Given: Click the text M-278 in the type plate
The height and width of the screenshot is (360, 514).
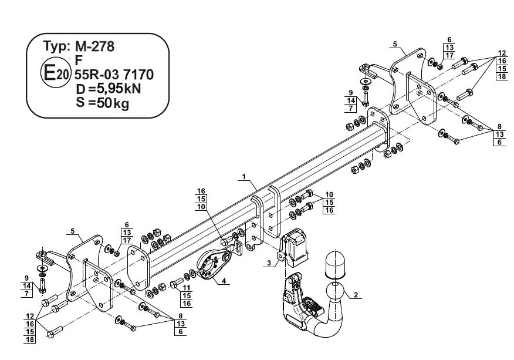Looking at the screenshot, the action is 94,46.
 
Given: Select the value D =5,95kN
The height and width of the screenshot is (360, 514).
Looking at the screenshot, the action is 108,89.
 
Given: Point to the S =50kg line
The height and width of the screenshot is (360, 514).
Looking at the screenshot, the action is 102,103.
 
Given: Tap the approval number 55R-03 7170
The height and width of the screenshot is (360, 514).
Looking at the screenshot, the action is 114,75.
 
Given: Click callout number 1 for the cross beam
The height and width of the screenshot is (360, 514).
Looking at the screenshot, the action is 244,177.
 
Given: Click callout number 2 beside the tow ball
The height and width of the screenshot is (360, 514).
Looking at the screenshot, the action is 356,295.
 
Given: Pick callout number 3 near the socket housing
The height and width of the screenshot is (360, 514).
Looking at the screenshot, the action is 269,263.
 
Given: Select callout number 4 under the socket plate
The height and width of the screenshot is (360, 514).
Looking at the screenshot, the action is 224,281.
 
